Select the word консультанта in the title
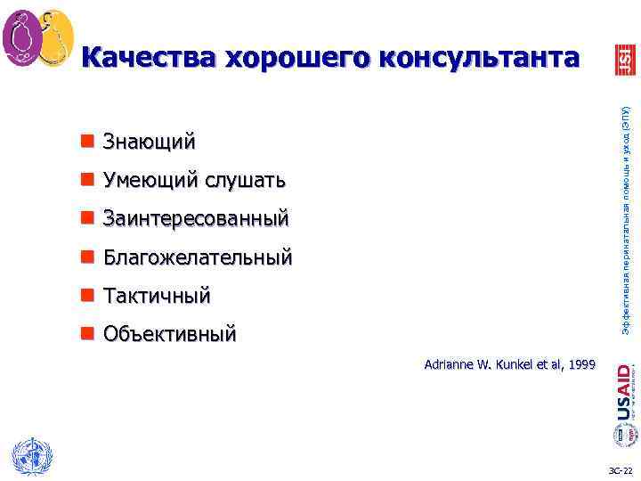pos(482,58)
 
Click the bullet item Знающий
pos(149,143)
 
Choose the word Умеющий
pos(150,181)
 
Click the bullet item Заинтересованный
pos(196,218)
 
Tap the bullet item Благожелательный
pos(198,257)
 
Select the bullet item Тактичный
pos(157,295)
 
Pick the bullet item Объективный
pos(169,334)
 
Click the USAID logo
pos(623,393)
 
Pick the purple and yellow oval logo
pos(37,37)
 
